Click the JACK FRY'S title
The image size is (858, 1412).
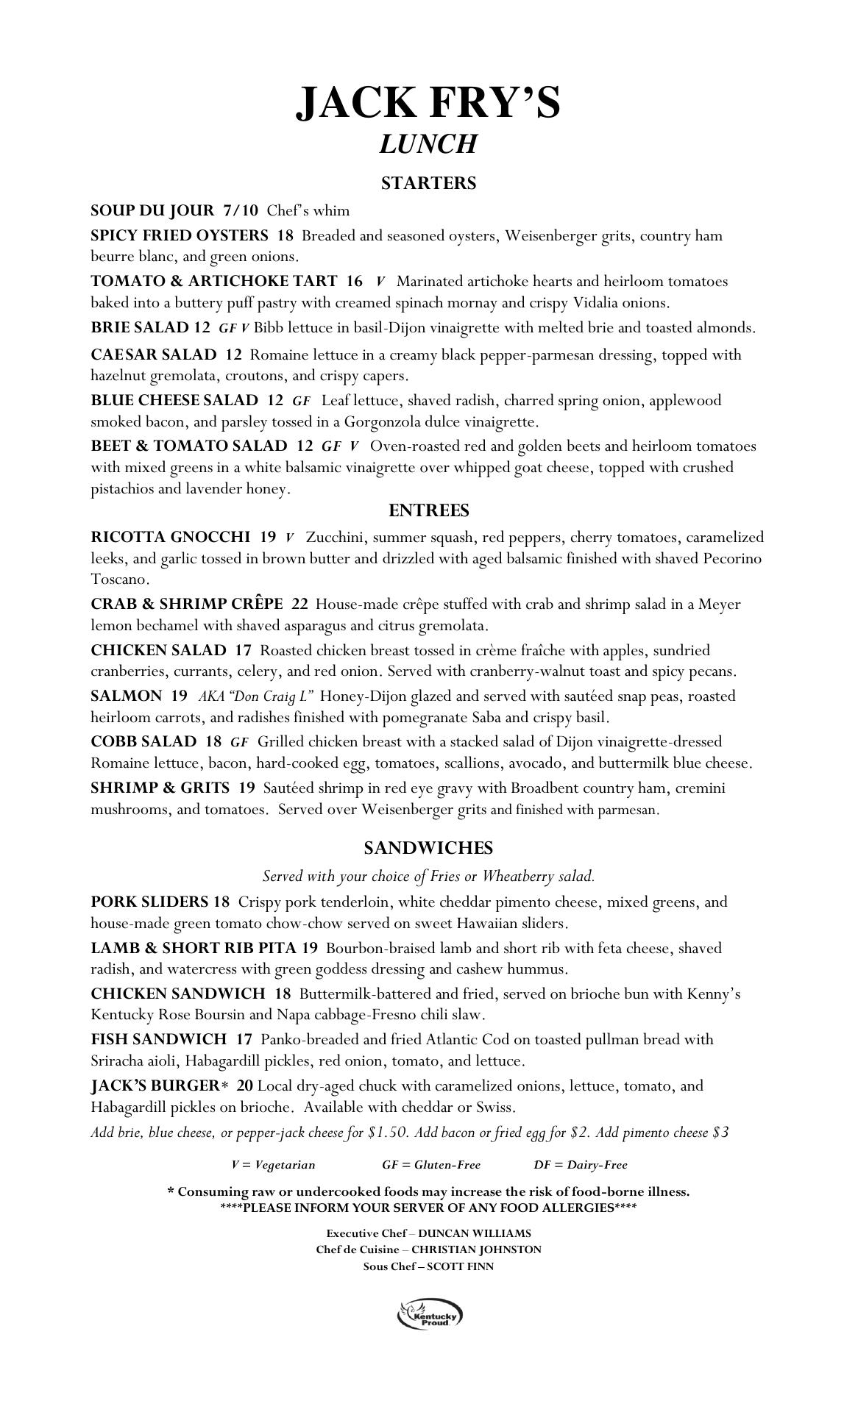[428, 102]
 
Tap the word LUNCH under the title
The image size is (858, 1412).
[428, 144]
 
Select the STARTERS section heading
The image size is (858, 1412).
[428, 183]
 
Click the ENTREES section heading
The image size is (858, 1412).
[428, 510]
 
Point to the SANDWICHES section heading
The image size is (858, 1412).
[428, 848]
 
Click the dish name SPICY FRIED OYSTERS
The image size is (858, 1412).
[180, 235]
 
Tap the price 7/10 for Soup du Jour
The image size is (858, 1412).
[241, 210]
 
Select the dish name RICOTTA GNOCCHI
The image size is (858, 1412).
[171, 537]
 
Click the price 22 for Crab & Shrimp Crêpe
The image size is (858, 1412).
[299, 604]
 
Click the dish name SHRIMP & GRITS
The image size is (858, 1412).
[160, 788]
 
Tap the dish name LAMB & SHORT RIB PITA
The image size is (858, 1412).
[195, 948]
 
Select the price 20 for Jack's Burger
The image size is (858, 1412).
[245, 1085]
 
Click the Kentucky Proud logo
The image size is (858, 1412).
[430, 1314]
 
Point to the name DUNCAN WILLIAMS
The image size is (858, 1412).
[474, 1233]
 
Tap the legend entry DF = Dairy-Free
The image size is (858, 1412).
[581, 1164]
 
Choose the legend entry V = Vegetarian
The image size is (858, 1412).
[273, 1164]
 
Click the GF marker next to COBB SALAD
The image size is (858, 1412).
[239, 742]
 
